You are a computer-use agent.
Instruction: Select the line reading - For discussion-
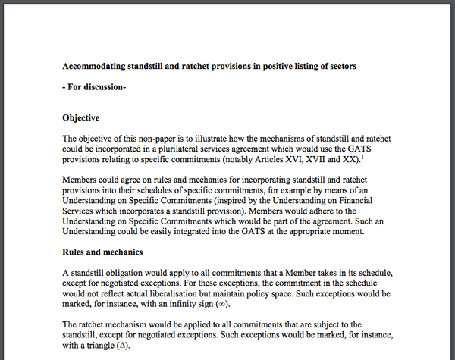pos(94,87)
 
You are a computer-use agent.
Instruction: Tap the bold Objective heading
pos(86,118)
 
